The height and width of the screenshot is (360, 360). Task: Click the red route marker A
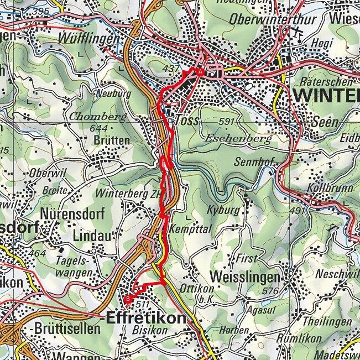tap(200, 72)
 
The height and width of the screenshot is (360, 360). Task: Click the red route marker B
tap(128, 300)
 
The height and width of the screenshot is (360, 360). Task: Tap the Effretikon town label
tap(145, 319)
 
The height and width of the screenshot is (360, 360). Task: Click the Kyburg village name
tap(223, 211)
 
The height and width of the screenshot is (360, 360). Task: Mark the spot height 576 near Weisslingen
tap(270, 291)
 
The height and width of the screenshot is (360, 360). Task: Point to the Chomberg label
tap(98, 117)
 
